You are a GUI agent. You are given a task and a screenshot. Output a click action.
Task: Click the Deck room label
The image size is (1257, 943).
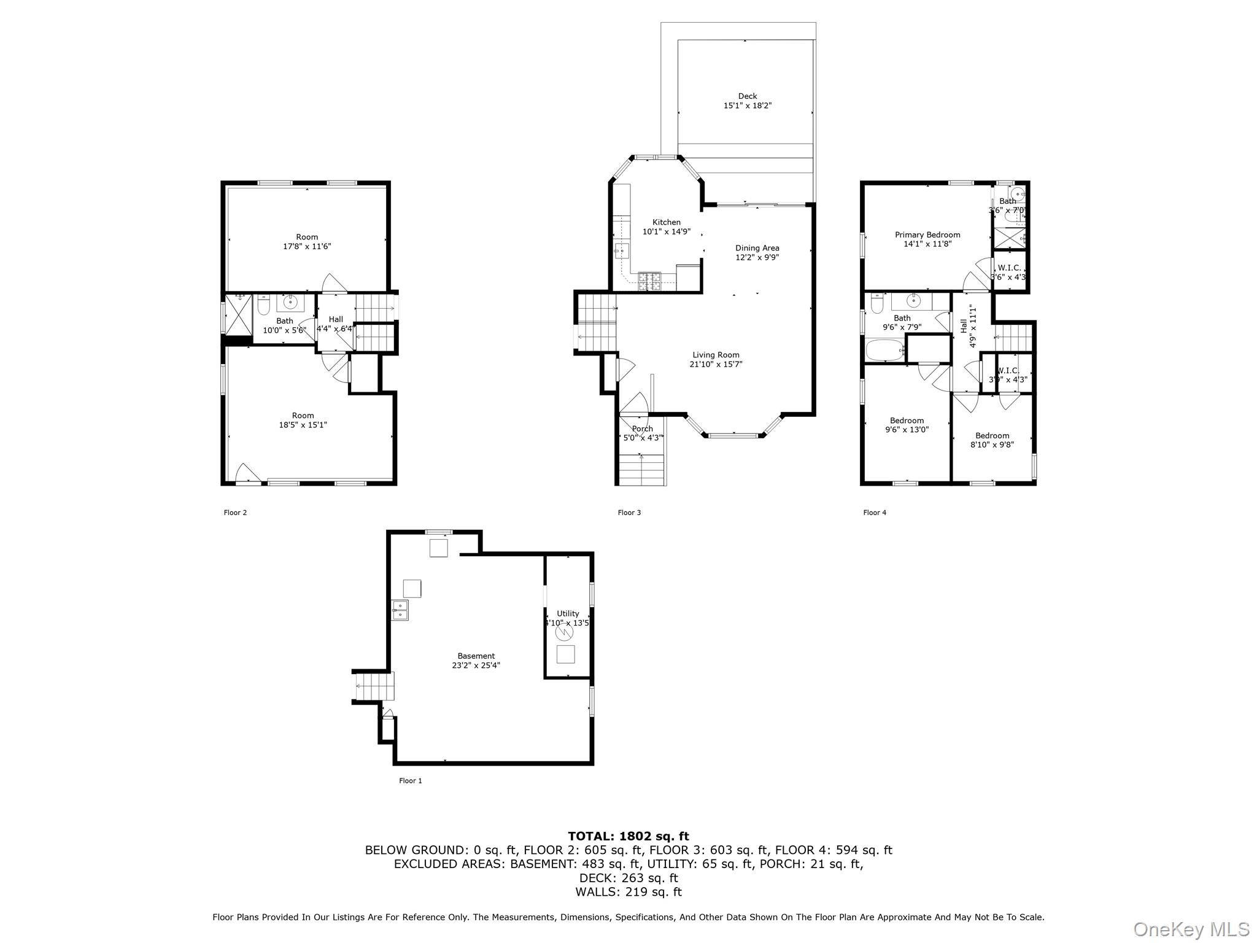747,96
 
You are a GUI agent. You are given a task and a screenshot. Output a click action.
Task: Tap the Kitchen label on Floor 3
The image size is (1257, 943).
666,222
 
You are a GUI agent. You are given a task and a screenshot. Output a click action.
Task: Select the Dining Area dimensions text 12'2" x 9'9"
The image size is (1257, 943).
757,258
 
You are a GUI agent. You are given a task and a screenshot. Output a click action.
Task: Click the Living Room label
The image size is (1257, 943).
716,355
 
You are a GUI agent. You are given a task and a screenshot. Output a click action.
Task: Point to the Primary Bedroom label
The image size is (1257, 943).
927,235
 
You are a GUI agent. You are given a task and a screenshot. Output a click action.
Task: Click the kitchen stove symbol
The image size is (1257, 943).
650,281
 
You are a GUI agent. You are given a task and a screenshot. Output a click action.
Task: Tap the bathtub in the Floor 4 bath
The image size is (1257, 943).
884,351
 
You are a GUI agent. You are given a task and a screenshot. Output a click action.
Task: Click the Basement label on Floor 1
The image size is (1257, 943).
476,656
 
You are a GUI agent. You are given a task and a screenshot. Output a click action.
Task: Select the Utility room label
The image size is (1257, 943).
568,613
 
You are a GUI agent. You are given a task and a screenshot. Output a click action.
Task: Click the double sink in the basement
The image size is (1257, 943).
400,610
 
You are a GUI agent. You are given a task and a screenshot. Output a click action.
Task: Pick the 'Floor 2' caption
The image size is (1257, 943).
235,513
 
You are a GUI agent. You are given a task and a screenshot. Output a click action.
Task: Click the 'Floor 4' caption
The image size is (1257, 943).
874,513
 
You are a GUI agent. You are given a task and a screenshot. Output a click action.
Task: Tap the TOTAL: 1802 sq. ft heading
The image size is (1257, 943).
628,836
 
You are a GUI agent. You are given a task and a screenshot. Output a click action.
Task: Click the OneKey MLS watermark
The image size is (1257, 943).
1191,929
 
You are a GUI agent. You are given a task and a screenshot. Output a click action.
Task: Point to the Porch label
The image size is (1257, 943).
642,429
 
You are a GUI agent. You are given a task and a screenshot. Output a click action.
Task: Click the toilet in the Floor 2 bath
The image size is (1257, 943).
264,305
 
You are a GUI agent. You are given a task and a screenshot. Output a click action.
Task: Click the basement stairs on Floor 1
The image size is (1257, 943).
374,686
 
